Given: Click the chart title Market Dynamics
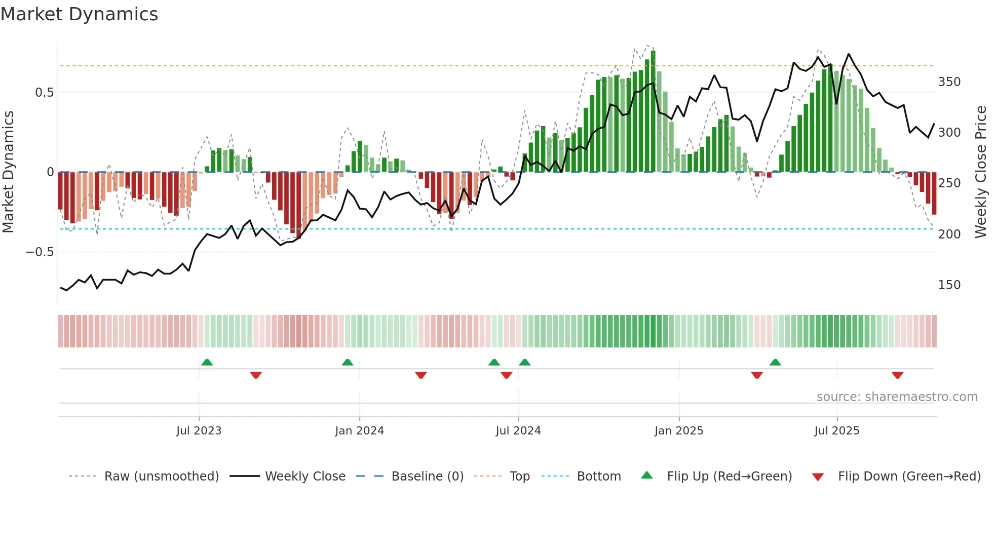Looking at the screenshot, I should click(80, 14).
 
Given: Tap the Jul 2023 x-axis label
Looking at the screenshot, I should click(199, 431).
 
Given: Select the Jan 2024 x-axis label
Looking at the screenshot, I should click(359, 431).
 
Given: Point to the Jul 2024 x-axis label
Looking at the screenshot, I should click(518, 431).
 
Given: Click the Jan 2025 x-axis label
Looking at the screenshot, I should click(679, 431).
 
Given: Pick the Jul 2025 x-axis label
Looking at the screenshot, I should click(837, 431).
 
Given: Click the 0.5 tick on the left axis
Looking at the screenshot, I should click(44, 93).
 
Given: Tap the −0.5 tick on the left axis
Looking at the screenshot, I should click(40, 252).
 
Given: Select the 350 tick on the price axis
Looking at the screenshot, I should click(949, 82).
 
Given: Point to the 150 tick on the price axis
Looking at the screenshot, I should click(949, 285).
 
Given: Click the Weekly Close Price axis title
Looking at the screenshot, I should click(981, 172).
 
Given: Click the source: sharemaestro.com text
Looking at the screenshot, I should click(897, 397).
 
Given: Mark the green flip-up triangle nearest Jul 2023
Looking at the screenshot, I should click(207, 362).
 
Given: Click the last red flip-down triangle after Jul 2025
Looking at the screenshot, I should click(897, 375).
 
